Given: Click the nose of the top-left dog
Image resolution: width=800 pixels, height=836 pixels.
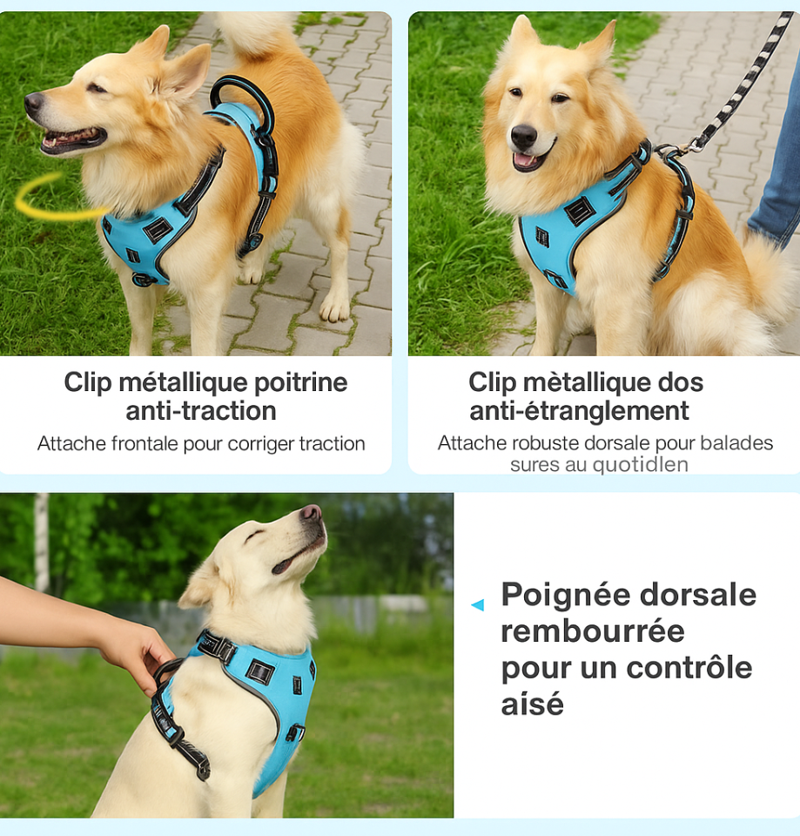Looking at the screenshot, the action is pyautogui.click(x=34, y=101).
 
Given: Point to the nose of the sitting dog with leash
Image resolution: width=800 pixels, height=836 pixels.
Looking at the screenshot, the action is pyautogui.click(x=523, y=137).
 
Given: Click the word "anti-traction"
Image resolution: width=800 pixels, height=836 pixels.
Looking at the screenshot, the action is pyautogui.click(x=201, y=411).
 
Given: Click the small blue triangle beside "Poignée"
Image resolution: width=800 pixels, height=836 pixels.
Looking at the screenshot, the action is pyautogui.click(x=478, y=604).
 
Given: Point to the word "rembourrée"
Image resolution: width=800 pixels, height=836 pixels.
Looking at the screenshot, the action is pyautogui.click(x=593, y=631).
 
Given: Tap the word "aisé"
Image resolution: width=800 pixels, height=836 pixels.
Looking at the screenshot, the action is pyautogui.click(x=532, y=704).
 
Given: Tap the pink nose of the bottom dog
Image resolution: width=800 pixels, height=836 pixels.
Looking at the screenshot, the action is pyautogui.click(x=312, y=512).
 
